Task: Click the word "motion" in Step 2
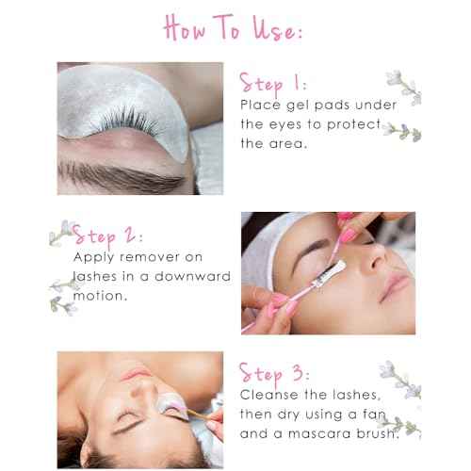100,296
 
